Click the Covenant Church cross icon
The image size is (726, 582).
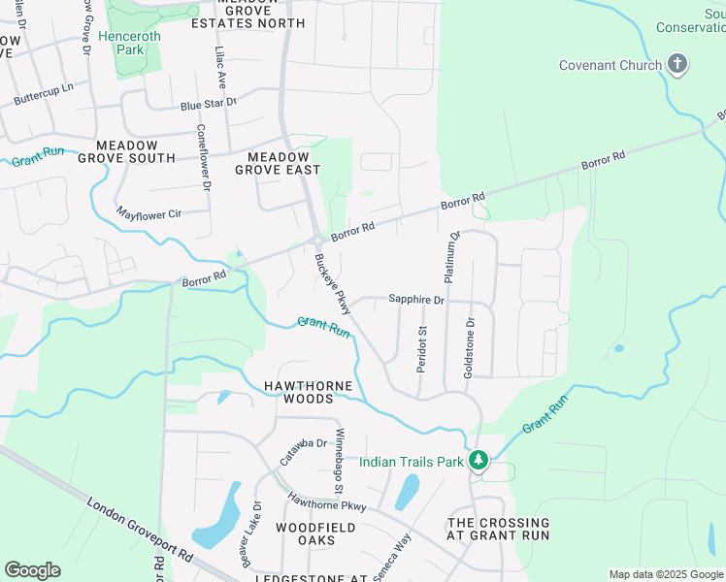pos(677,66)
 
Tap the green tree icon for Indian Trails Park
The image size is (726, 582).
pos(478,461)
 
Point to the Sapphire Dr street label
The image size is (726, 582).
pos(416,300)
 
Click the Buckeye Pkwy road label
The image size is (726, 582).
pos(331,283)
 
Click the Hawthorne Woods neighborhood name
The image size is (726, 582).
pos(313,392)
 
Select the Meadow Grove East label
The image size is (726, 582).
pos(278,163)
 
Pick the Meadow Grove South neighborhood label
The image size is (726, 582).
pos(127,151)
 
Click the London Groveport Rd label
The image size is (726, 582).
pos(141,531)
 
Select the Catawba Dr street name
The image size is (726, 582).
pos(304,452)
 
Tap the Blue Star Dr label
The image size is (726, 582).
pos(208,104)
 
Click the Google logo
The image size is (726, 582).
pos(32,569)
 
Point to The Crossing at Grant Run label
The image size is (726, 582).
pos(497,529)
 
